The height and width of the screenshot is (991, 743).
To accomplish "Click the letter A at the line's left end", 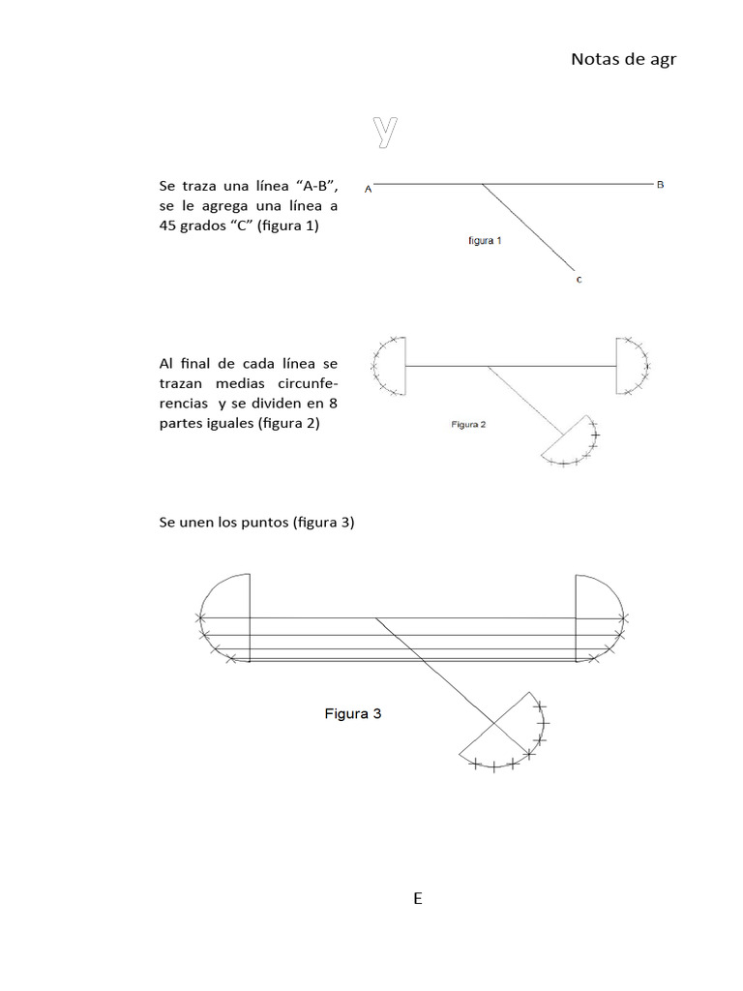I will [x=369, y=190].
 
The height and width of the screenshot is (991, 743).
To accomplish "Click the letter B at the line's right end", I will [x=660, y=184].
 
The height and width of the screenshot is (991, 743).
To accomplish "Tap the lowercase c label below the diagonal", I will [x=579, y=280].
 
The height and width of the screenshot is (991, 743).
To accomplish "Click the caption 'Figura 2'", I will [x=468, y=424].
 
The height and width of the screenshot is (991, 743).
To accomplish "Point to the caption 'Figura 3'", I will [x=352, y=714].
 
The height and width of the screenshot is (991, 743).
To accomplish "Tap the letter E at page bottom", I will [x=418, y=898].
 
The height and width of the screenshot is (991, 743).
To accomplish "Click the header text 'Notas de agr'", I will [x=623, y=59].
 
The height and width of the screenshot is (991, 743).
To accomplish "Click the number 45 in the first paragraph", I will [x=168, y=226].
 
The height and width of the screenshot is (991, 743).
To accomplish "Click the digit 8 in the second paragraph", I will [x=332, y=402].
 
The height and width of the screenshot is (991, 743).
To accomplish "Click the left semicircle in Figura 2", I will [x=389, y=366].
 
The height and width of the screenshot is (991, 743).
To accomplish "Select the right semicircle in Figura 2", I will [x=632, y=366].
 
